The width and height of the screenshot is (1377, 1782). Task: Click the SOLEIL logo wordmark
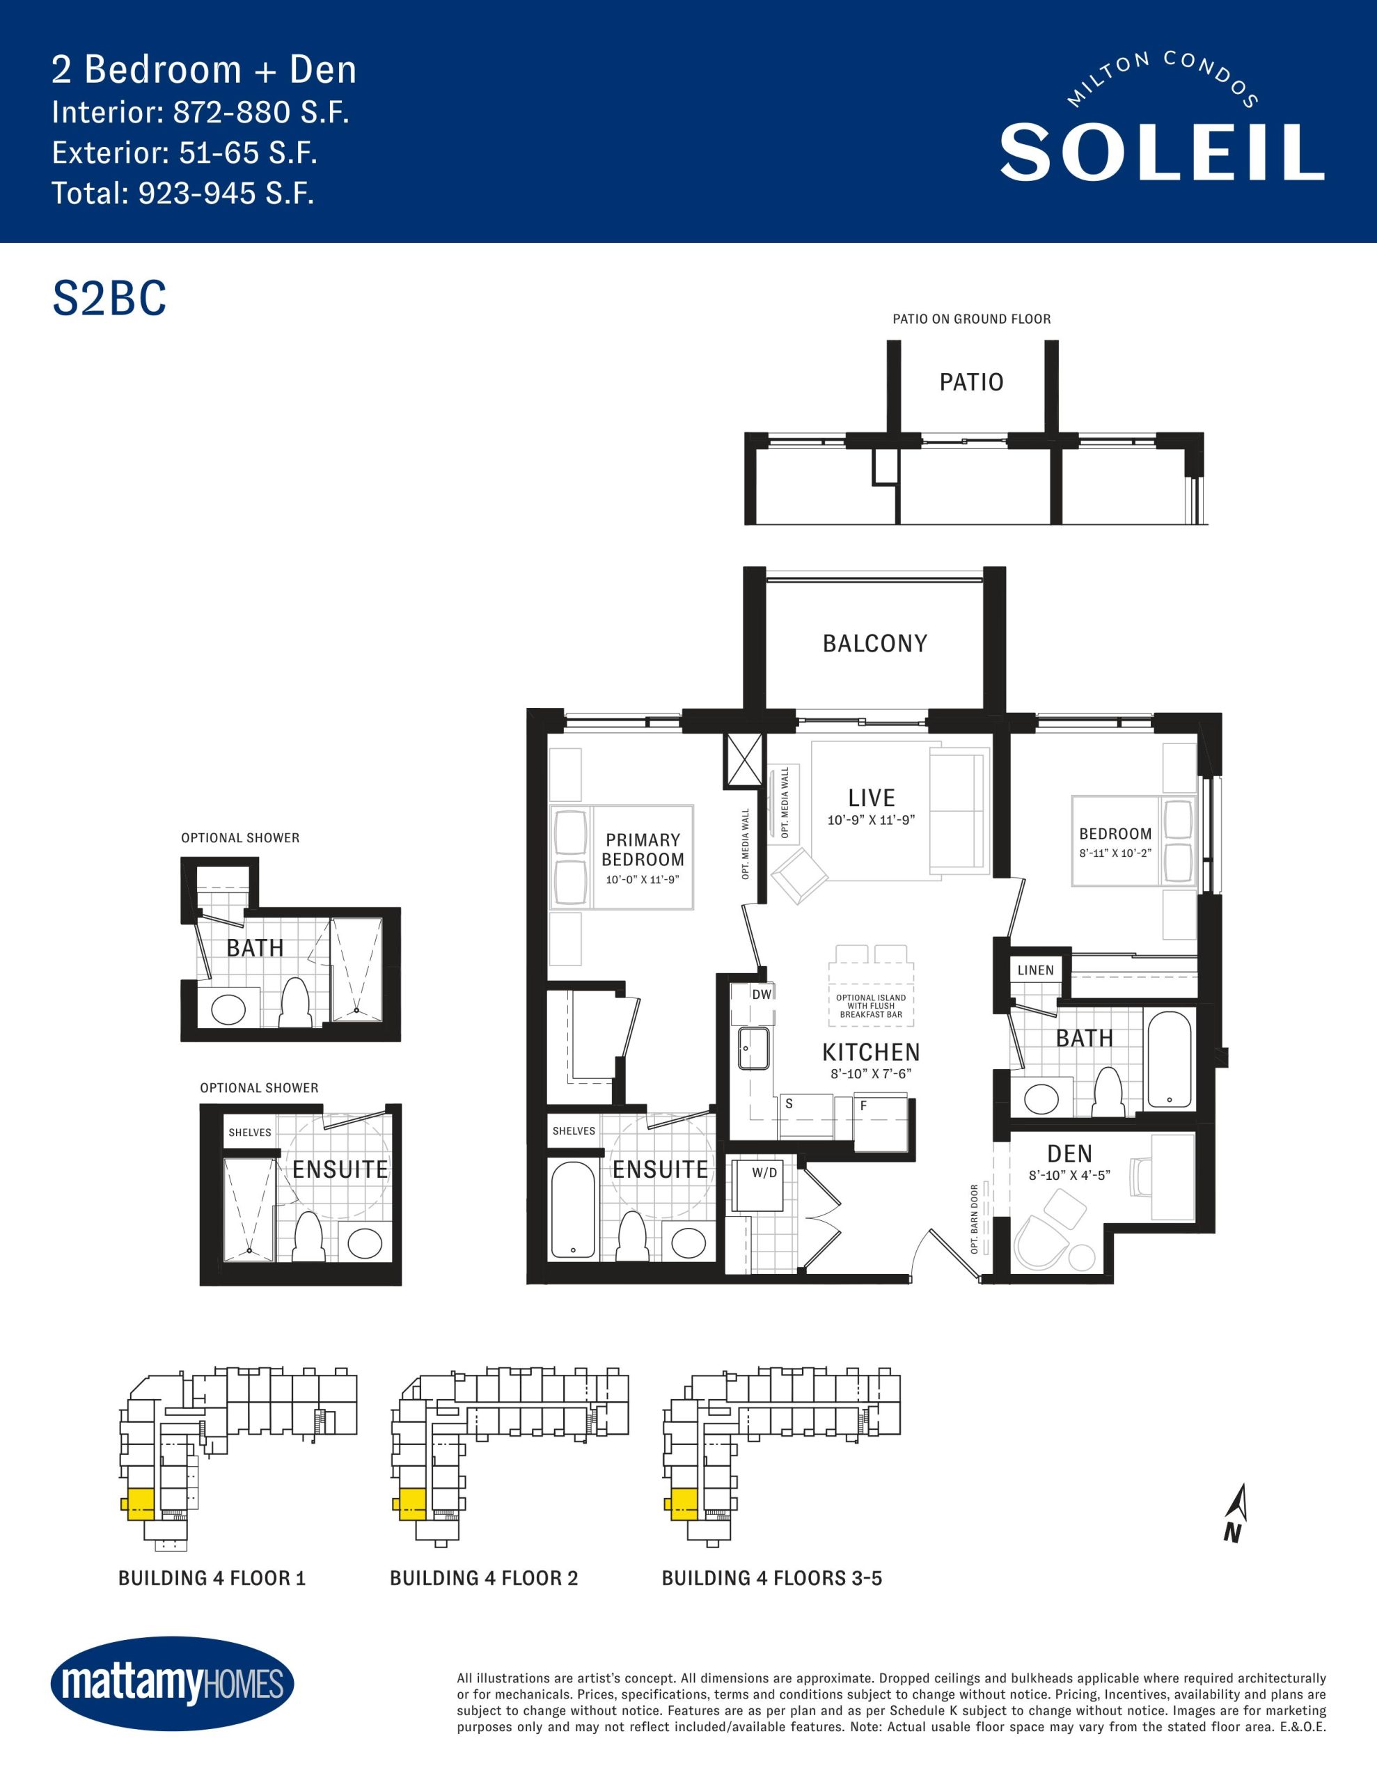1161,152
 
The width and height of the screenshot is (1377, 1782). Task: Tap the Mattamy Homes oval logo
172,1683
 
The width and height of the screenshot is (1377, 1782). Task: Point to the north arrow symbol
1236,1513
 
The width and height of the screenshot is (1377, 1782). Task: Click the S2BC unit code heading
109,299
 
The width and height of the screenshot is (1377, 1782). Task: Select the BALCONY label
875,644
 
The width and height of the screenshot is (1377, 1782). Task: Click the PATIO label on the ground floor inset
971,382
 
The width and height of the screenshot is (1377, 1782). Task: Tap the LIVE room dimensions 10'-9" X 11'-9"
871,820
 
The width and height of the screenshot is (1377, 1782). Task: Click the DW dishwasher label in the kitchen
762,994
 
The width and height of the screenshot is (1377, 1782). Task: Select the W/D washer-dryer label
765,1174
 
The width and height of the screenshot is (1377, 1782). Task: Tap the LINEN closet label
1036,970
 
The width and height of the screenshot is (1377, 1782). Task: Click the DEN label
1070,1153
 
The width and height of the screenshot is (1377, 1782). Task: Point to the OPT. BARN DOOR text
975,1219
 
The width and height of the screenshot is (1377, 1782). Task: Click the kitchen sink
753,1048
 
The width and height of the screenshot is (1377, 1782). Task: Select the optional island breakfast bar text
871,1006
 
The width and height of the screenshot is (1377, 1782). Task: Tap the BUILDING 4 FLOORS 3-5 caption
772,1578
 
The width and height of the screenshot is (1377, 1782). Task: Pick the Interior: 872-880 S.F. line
200,113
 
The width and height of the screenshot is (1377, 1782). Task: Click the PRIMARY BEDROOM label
643,849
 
